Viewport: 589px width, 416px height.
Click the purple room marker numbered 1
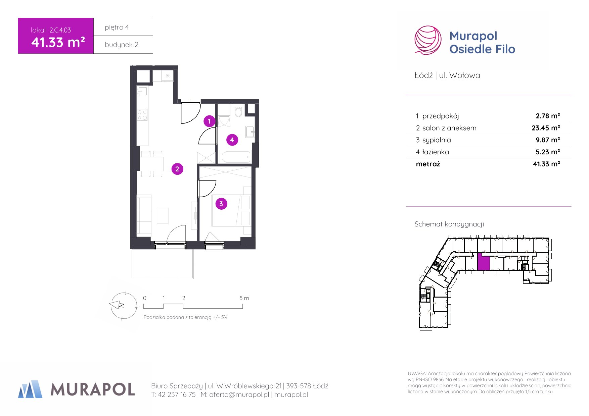click(209, 121)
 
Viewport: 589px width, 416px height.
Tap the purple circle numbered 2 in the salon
click(177, 169)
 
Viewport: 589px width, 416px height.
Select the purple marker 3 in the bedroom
click(221, 204)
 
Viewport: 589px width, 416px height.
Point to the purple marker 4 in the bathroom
click(232, 140)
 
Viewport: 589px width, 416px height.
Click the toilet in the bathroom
click(238, 111)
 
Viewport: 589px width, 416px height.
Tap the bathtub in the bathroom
click(235, 157)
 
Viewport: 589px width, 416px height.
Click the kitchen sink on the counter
click(142, 91)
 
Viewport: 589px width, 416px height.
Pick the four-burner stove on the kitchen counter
click(142, 115)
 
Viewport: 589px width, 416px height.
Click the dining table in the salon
click(152, 164)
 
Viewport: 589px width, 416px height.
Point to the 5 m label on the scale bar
click(244, 298)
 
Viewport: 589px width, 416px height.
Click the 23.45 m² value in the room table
click(546, 128)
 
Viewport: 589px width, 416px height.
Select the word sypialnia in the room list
click(437, 140)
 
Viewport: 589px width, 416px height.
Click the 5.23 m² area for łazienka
click(548, 152)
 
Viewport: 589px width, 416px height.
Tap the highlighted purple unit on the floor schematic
click(484, 261)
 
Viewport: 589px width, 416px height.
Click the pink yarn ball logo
click(428, 40)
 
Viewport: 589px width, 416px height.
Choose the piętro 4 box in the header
click(123, 27)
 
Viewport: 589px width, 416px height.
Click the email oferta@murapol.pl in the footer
click(239, 395)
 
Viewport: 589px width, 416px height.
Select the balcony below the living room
click(163, 264)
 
